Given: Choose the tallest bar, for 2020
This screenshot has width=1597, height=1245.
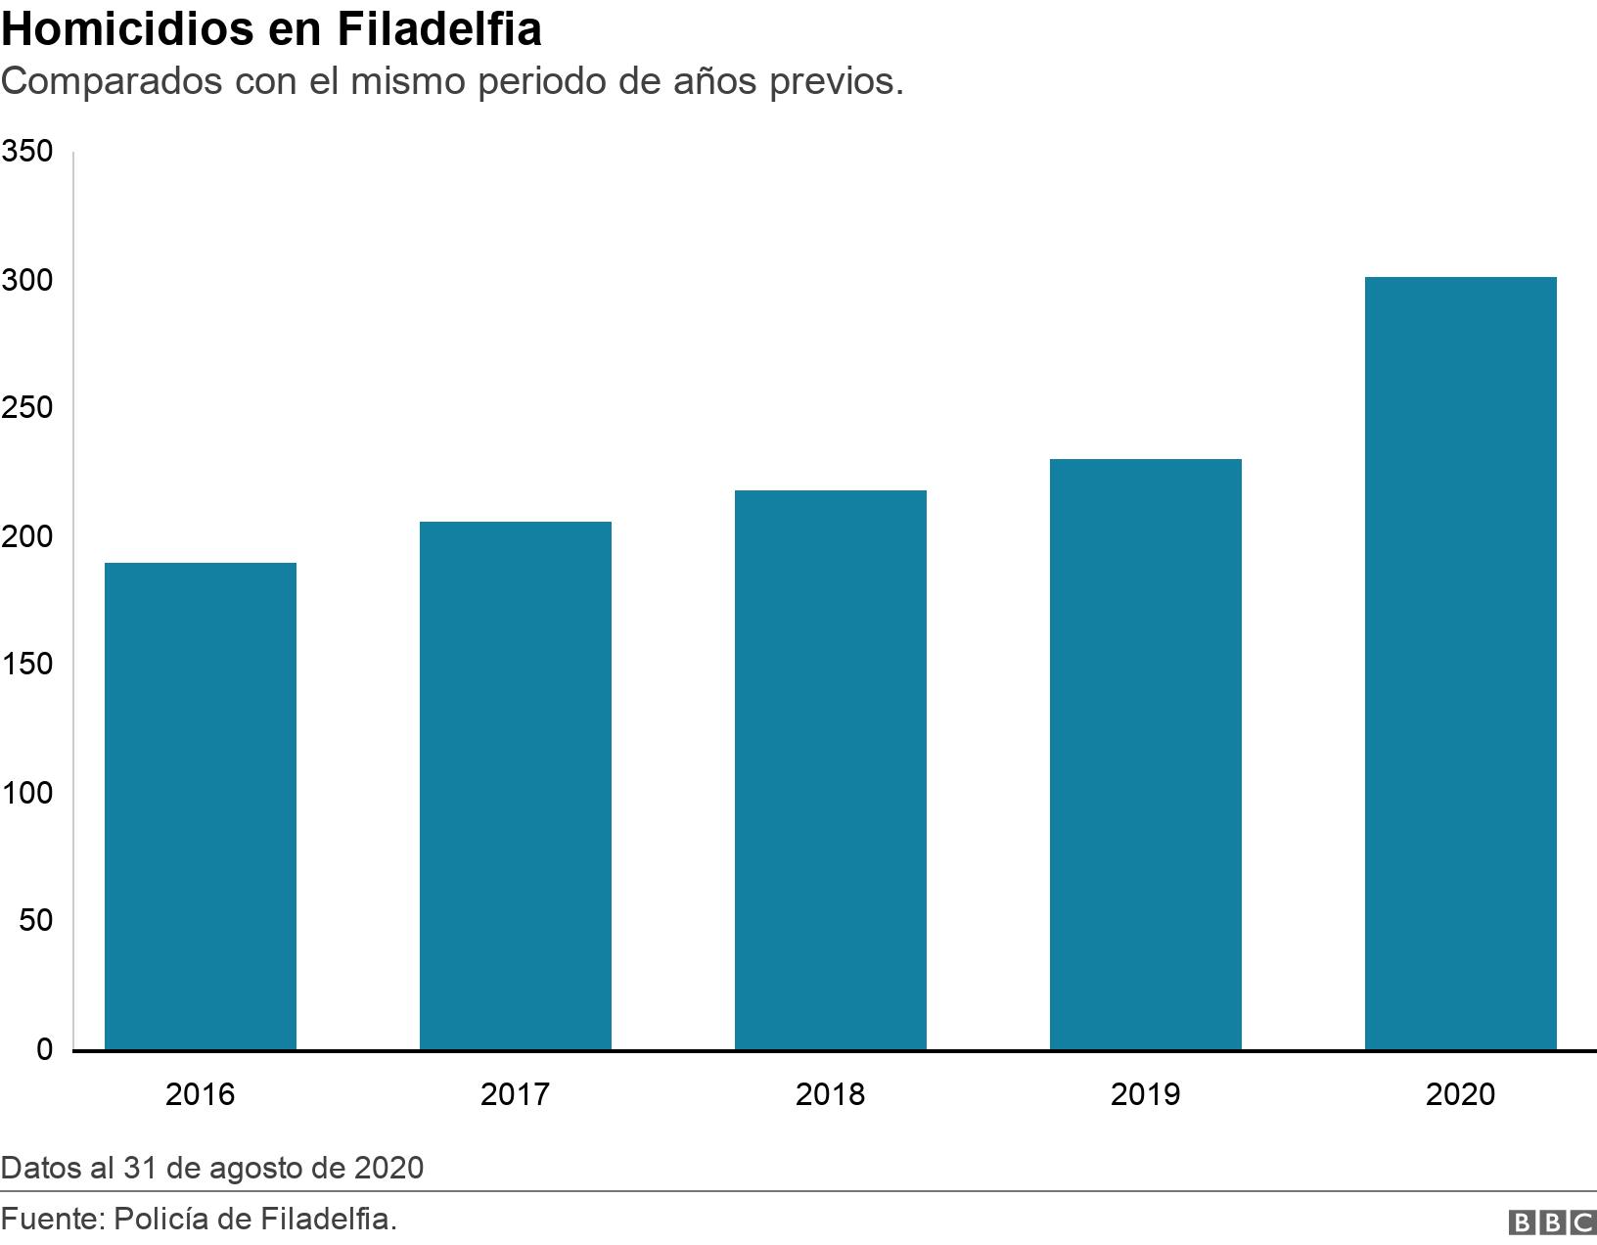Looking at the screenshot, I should click(1461, 663).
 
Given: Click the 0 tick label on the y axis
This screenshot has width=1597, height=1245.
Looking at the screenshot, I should click(44, 1049).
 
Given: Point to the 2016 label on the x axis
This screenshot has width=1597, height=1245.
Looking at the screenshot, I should click(201, 1093).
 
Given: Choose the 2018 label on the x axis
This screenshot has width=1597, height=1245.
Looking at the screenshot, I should click(831, 1093).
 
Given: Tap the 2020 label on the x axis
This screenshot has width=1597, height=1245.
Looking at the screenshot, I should click(1461, 1093).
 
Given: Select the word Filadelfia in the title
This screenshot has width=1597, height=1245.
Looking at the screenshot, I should click(440, 29).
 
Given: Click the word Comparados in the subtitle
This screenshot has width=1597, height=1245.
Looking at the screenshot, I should click(112, 82).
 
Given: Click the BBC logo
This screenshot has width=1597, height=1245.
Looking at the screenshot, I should click(1552, 1222).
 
